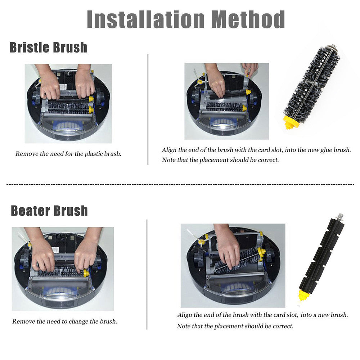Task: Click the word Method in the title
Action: point(248,19)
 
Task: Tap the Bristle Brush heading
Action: point(49,48)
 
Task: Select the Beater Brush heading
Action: point(49,211)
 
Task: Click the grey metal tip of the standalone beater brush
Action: point(340,216)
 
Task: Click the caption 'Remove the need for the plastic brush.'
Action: point(68,154)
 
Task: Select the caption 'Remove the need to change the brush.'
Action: point(65,321)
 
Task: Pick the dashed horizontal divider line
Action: point(180,184)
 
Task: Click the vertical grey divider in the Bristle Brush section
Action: point(148,109)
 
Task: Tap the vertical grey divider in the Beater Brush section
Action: point(147,275)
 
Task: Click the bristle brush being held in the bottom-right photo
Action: point(239,261)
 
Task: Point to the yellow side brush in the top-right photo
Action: point(200,81)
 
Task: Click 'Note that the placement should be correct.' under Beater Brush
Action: point(235,326)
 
